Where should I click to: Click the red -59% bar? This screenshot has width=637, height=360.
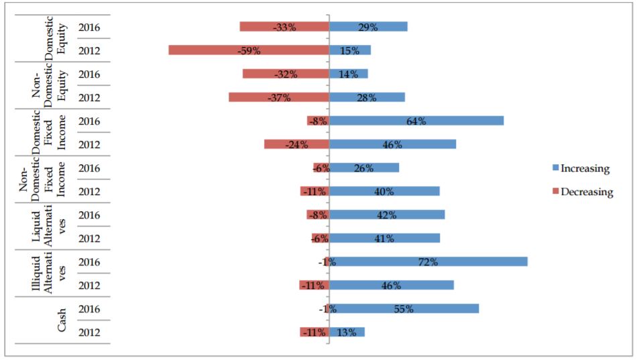pyautogui.click(x=249, y=50)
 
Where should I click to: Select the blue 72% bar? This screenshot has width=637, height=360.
pyautogui.click(x=428, y=261)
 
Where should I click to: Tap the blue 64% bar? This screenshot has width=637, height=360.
pyautogui.click(x=416, y=121)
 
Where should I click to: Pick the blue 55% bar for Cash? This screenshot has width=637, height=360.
pyautogui.click(x=404, y=309)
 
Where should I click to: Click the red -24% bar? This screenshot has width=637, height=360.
pyautogui.click(x=296, y=144)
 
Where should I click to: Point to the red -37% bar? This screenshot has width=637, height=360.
pyautogui.click(x=279, y=97)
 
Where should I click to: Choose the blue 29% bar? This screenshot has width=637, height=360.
pyautogui.click(x=368, y=27)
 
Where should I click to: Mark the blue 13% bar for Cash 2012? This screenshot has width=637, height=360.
pyautogui.click(x=347, y=332)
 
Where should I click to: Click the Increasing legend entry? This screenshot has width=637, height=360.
pyautogui.click(x=581, y=168)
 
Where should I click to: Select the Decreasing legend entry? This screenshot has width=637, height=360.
pyautogui.click(x=583, y=191)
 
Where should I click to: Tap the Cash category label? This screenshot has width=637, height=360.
pyautogui.click(x=61, y=320)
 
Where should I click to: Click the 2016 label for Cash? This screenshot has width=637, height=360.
pyautogui.click(x=89, y=309)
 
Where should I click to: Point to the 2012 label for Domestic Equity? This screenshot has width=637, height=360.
pyautogui.click(x=89, y=51)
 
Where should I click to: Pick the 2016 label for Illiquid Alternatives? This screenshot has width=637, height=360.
pyautogui.click(x=89, y=262)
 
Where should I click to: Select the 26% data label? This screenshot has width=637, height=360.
pyautogui.click(x=363, y=168)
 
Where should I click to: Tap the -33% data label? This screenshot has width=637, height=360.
pyautogui.click(x=284, y=27)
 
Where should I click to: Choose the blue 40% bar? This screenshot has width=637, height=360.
pyautogui.click(x=384, y=191)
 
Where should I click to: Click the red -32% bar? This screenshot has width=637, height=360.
pyautogui.click(x=286, y=74)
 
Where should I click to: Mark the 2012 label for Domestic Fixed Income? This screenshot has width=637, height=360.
pyautogui.click(x=89, y=145)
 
